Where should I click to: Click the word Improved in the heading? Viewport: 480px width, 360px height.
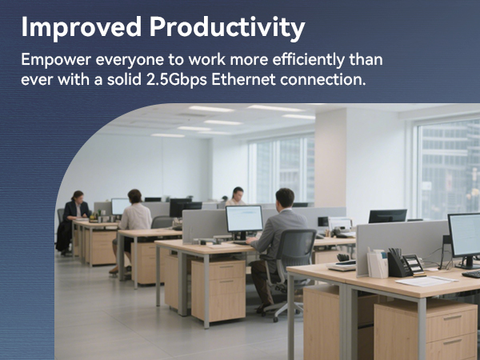(81, 27)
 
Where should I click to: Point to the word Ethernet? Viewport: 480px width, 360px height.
(244, 79)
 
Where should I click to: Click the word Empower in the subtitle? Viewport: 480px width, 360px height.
(56, 60)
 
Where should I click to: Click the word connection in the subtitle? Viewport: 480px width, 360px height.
(322, 79)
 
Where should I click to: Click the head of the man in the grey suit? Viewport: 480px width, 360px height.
(284, 198)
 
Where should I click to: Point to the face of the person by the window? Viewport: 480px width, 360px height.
(238, 194)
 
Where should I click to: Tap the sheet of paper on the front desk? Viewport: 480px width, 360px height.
(426, 281)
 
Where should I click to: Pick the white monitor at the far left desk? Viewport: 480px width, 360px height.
(120, 206)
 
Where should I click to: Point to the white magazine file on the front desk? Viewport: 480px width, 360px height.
(378, 263)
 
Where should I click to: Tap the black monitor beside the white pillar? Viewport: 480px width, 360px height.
(387, 216)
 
